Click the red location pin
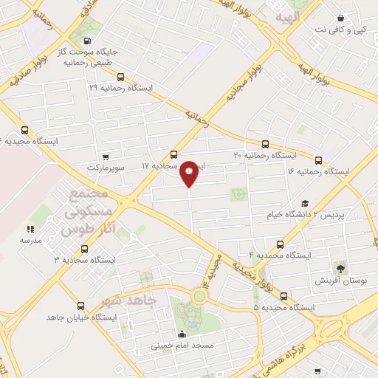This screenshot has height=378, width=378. [x=189, y=173]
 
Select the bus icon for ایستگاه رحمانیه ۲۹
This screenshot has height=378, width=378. [x=120, y=76]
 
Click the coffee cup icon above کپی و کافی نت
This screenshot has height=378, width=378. [x=340, y=18]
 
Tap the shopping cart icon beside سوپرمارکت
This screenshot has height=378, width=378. [x=106, y=157]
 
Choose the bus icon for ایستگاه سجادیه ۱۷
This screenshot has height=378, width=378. [x=173, y=154]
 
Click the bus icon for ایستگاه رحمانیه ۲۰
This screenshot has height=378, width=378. [x=265, y=144]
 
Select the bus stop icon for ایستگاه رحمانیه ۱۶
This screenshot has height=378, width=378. [x=319, y=159]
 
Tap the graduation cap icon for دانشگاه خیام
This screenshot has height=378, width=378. [x=304, y=203]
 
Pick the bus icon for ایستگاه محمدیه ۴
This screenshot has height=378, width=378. [x=280, y=244]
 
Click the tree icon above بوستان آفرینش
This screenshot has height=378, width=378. [x=340, y=267]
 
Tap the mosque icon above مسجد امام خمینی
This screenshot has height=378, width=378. [x=182, y=333]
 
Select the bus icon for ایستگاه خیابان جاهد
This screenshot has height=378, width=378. [x=80, y=305]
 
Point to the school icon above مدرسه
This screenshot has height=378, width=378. [x=30, y=230]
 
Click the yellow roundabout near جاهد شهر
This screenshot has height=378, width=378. [x=199, y=297]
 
